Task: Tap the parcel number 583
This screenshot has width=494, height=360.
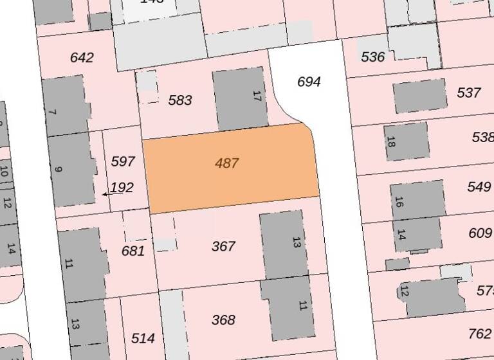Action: coord(180,100)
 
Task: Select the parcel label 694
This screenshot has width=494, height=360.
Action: coord(309,82)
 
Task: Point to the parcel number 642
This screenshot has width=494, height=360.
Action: coord(82,58)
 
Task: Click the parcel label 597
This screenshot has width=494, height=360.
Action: coord(122,161)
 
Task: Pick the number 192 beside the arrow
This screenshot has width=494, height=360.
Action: coord(122,188)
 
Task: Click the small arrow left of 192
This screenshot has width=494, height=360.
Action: coord(105,193)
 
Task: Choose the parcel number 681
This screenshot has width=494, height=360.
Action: coord(133,251)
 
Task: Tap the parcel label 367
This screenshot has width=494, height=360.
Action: coord(223,246)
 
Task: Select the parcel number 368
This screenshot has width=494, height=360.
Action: coord(223,319)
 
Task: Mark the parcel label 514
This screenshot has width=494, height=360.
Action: coord(143,338)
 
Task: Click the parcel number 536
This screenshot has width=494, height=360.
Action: coord(373,57)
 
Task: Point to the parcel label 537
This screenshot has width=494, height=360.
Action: coord(469,93)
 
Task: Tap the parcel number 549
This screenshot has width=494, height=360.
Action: coord(479,187)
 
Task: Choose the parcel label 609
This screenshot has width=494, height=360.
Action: coord(480,233)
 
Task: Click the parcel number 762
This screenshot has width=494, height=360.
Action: coord(480,334)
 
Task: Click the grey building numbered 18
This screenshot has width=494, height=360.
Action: coord(407,141)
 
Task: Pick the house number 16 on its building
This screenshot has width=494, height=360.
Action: coord(400,202)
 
